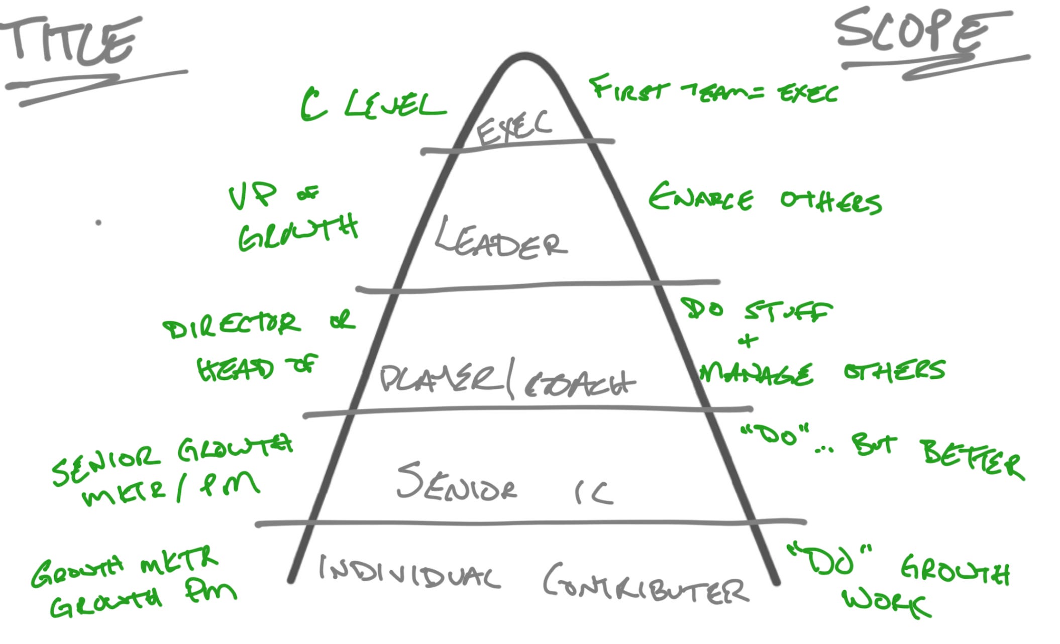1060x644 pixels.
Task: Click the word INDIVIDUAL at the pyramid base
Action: (x=409, y=573)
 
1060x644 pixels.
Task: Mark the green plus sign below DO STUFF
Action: (x=748, y=341)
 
